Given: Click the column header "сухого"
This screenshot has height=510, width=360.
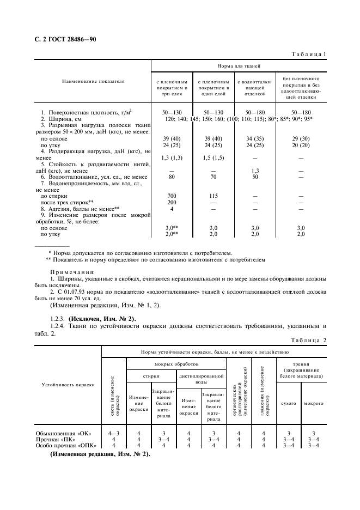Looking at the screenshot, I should (288, 403).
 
